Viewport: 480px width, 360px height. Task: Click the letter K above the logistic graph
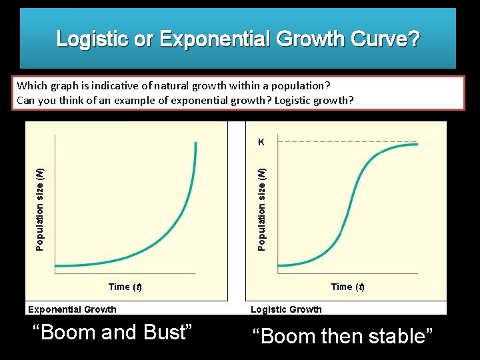(x=261, y=142)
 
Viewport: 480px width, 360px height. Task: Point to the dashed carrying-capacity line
(x=347, y=142)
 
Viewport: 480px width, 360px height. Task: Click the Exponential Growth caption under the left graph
(x=72, y=309)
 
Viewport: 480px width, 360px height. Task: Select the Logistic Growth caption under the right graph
(x=286, y=309)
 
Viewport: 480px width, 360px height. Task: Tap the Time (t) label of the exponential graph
(x=125, y=287)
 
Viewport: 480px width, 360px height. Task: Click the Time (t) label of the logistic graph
(x=347, y=287)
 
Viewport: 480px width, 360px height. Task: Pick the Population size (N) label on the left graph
(x=39, y=209)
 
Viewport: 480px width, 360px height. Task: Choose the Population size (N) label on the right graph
(x=262, y=209)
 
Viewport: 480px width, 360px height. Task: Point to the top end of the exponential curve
(x=196, y=142)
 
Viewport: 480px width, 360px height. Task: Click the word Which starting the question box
(x=31, y=86)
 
